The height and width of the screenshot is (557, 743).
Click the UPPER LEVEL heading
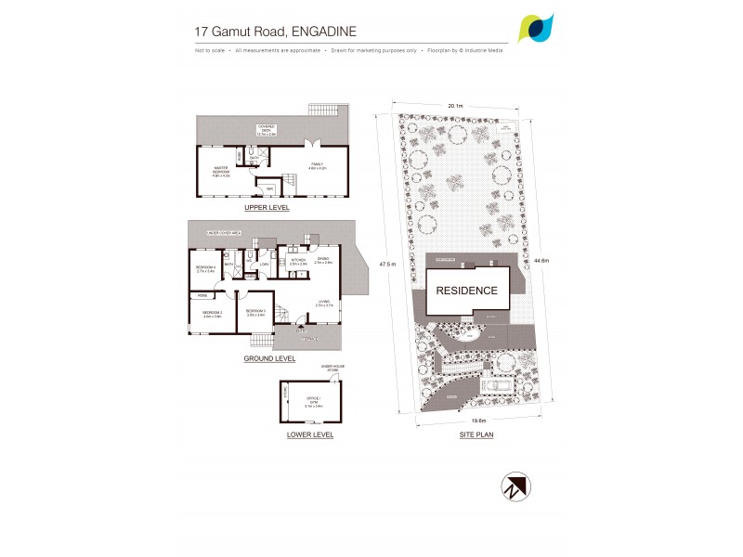tap(267, 208)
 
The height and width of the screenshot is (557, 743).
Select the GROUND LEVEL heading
tap(269, 358)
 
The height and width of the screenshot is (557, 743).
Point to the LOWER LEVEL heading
tap(311, 434)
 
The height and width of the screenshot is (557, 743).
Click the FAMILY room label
tap(317, 165)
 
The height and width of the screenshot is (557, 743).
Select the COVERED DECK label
tap(267, 131)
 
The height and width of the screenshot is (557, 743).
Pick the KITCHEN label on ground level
tap(298, 261)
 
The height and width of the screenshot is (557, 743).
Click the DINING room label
tap(323, 260)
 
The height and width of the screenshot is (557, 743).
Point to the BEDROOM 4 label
tap(205, 269)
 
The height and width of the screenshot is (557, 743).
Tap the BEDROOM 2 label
tap(212, 314)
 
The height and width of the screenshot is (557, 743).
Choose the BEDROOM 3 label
tap(256, 312)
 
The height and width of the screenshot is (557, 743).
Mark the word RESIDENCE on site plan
tap(467, 290)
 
